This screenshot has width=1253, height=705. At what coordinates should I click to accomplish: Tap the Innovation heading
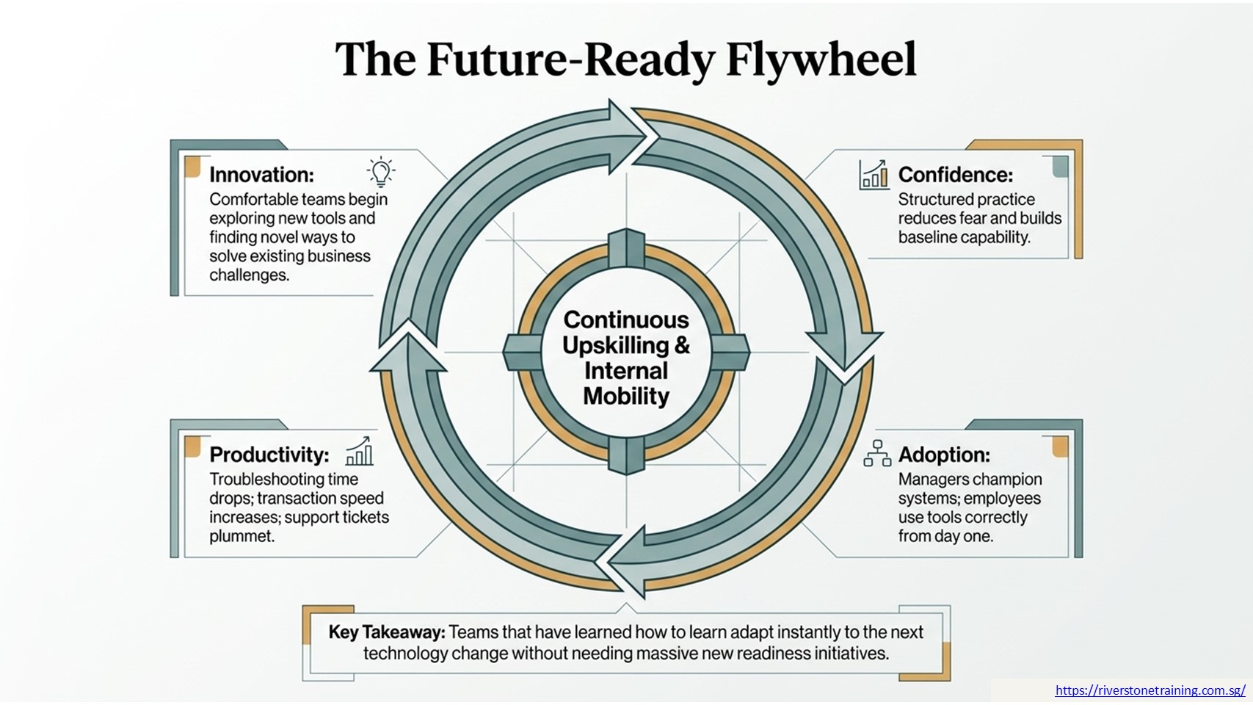coord(262,175)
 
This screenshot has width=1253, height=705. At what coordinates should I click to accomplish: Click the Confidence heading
coord(956,175)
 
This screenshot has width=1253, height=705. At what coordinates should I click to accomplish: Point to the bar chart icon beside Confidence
coord(874,175)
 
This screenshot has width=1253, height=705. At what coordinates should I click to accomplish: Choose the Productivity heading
coord(269,455)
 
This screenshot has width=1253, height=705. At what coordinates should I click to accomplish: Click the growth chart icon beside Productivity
coord(359,451)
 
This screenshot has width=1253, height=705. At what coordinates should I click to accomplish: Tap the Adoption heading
coord(944,455)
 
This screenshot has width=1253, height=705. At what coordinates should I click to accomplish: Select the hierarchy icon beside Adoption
coord(877,452)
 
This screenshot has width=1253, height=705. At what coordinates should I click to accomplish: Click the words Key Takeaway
coord(387,632)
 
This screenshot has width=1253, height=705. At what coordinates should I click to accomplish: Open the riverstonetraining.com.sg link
coord(1150,690)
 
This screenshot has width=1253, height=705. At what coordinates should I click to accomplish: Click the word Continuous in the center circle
coord(626,320)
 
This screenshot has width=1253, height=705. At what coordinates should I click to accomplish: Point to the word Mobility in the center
coord(626,397)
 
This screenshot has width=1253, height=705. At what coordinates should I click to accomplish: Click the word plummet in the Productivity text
coord(241,536)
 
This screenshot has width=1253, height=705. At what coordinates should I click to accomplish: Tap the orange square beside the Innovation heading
coord(192,166)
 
